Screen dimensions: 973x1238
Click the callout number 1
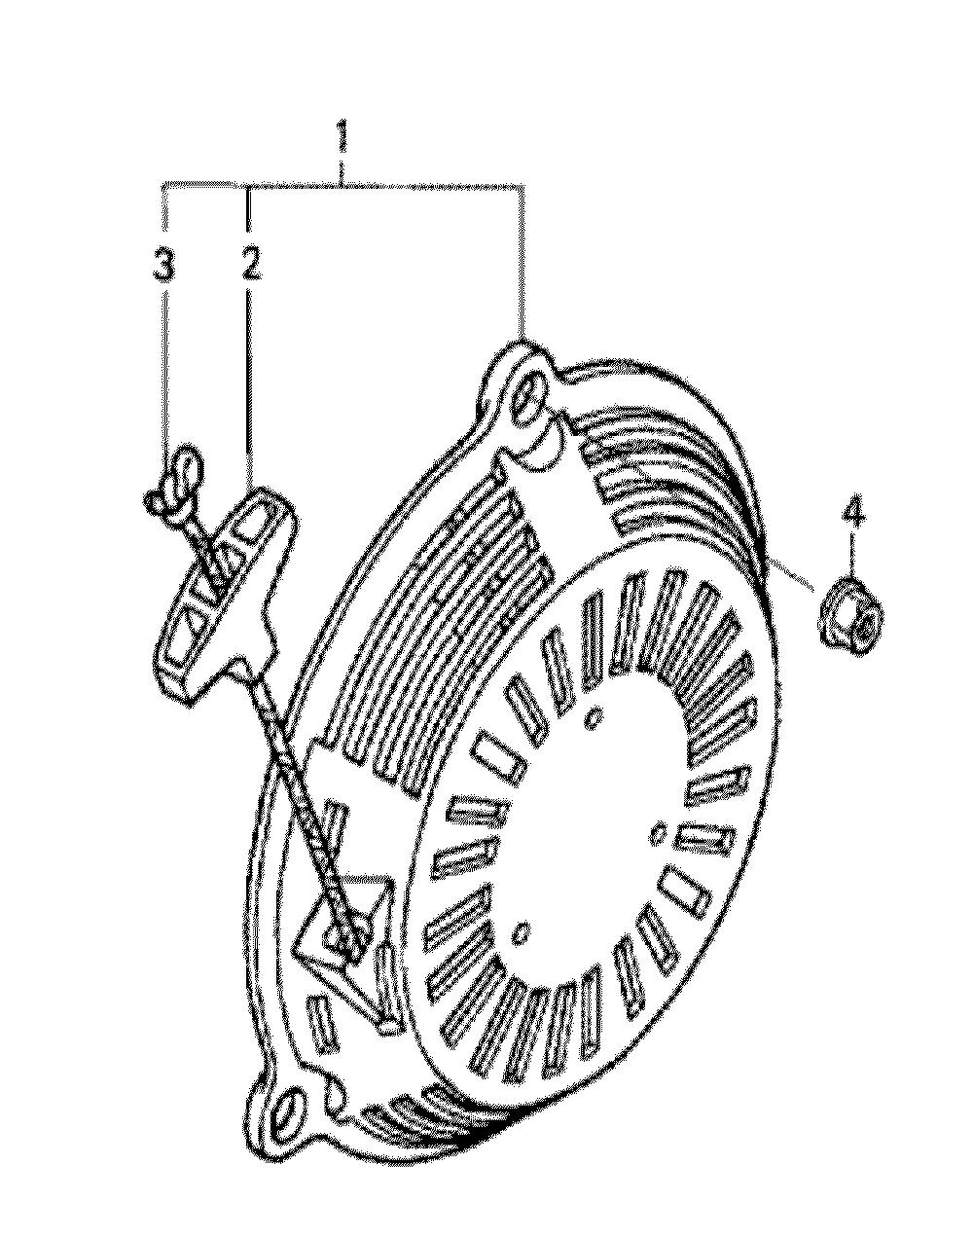342,135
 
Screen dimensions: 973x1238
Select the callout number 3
163,264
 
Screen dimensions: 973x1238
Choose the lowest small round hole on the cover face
523,932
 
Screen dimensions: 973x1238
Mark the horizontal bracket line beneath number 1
343,186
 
